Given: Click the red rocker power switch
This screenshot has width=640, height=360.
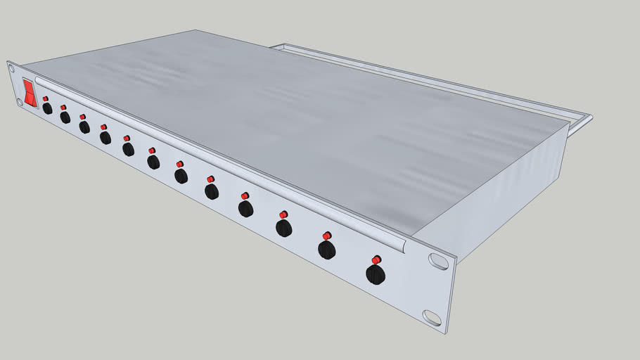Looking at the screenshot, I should click(x=30, y=93).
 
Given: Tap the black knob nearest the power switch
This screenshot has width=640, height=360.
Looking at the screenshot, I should click(x=47, y=109).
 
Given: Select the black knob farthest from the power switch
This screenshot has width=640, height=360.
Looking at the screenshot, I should click(x=376, y=274).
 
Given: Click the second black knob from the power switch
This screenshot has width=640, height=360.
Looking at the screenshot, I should click(x=65, y=117).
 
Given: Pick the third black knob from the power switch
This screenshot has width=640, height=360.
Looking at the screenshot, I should click(x=84, y=127).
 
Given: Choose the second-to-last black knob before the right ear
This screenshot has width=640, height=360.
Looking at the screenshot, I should click(x=326, y=250).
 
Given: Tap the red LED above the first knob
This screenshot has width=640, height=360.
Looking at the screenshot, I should click(x=46, y=98).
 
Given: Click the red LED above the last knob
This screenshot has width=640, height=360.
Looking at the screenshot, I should click(x=376, y=259).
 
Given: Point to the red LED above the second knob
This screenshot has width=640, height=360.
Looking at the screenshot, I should click(x=63, y=107).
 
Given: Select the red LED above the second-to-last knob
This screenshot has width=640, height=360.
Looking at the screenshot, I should click(x=327, y=236).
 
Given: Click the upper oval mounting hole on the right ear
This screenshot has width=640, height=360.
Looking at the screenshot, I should click(x=438, y=262).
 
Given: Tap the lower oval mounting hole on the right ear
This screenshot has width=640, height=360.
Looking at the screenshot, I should click(x=432, y=317).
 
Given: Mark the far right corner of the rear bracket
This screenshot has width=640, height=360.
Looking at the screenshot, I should click(x=591, y=117).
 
